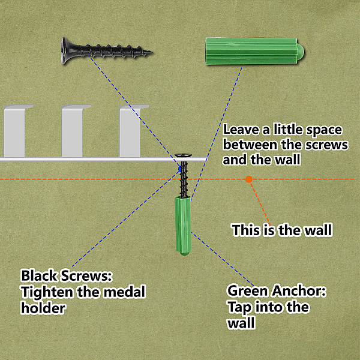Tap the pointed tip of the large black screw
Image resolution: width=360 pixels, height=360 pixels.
tap(152, 53)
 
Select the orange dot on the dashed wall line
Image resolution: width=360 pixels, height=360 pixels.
tap(249, 179)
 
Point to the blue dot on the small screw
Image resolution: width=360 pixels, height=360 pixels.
tap(180, 169)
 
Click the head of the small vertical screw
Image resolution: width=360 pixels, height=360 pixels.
tap(183, 155)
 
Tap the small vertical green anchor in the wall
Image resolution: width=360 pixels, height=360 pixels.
tap(183, 226)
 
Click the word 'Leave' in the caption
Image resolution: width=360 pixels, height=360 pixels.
tap(241, 130)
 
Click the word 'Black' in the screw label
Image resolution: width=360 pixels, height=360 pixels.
tap(38, 275)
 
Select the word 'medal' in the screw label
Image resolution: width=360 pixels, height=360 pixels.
tap(124, 292)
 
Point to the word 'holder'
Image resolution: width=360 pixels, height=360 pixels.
tap(43, 308)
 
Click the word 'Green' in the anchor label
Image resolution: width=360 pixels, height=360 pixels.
tap(247, 291)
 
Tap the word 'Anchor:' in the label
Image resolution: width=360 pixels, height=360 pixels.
tap(298, 291)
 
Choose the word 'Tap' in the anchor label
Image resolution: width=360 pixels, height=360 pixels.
tap(239, 308)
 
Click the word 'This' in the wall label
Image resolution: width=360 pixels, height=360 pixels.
tap(246, 230)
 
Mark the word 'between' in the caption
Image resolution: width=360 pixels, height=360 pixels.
tap(250, 145)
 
